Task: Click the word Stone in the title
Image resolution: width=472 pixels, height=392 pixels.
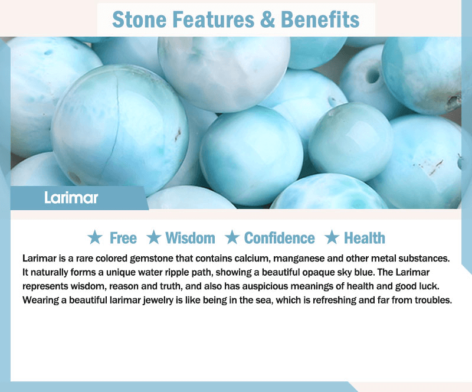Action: (x=139, y=19)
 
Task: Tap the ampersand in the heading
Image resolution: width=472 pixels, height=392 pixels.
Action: (x=267, y=19)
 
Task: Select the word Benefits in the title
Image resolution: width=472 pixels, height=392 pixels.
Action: (x=320, y=19)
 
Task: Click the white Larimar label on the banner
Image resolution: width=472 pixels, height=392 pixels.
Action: (x=71, y=198)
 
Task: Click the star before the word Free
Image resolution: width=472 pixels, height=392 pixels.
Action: (x=95, y=237)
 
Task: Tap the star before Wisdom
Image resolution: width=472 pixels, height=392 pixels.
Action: (x=154, y=237)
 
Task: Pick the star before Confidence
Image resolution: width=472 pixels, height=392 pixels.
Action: (x=232, y=237)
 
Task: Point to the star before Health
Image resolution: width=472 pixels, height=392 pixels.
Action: (x=332, y=237)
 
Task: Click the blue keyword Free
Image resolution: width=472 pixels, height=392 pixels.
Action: (x=123, y=238)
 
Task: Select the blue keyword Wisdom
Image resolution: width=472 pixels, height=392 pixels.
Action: (x=190, y=238)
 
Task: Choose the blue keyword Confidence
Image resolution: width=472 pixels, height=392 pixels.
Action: (x=279, y=238)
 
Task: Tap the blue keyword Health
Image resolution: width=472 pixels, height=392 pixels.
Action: (x=365, y=238)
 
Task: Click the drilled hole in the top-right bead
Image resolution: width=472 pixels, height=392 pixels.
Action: (x=373, y=76)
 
